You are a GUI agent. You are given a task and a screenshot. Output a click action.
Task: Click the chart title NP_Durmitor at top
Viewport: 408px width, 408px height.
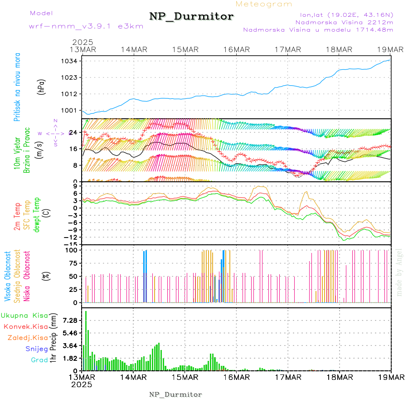pos(191,17)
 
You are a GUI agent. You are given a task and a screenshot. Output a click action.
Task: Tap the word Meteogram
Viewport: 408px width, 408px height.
pos(264,4)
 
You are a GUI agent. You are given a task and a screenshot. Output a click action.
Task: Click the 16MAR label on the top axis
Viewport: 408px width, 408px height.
pos(236,49)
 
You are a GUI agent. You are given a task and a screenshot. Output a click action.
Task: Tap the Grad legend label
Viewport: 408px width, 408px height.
pos(39,360)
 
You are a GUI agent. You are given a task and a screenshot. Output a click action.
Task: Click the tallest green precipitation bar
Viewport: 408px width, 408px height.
pos(86,340)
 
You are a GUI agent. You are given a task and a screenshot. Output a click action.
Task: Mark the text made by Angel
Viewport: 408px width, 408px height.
pos(399,272)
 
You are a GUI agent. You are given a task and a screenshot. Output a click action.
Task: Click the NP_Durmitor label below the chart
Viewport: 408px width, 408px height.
pos(175,394)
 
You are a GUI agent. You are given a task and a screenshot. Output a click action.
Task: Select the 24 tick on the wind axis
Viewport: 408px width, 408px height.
pos(73,132)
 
